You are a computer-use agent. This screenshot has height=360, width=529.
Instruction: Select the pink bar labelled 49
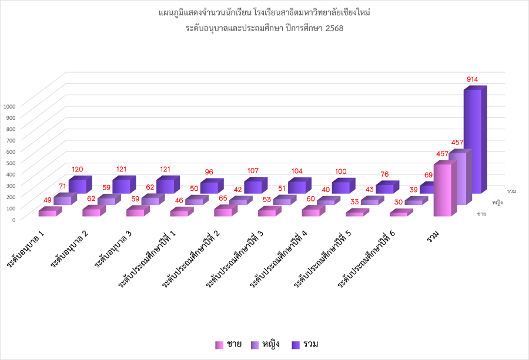point(48,213)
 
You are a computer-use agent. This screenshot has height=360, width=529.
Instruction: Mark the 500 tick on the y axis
point(11,163)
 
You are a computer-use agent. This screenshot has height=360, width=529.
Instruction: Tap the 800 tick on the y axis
point(11,129)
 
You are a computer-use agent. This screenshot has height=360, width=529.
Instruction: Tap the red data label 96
point(209,172)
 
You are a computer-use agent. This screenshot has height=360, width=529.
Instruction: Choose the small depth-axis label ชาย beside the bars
point(481,213)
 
